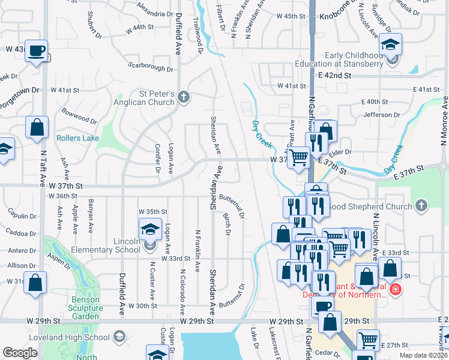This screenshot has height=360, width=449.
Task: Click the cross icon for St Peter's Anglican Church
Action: pyautogui.click(x=184, y=97)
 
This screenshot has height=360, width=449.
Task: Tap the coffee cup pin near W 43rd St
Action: pyautogui.click(x=37, y=52)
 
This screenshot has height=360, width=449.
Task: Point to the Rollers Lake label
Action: pyautogui.click(x=77, y=138)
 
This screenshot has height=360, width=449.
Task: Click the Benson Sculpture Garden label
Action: pyautogui.click(x=93, y=304)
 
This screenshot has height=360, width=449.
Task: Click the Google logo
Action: pyautogui.click(x=20, y=353)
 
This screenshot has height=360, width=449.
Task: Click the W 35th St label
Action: pyautogui.click(x=152, y=212)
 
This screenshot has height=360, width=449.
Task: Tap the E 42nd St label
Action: pyautogui.click(x=334, y=76)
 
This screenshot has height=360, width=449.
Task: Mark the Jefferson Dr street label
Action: pyautogui.click(x=381, y=115)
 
